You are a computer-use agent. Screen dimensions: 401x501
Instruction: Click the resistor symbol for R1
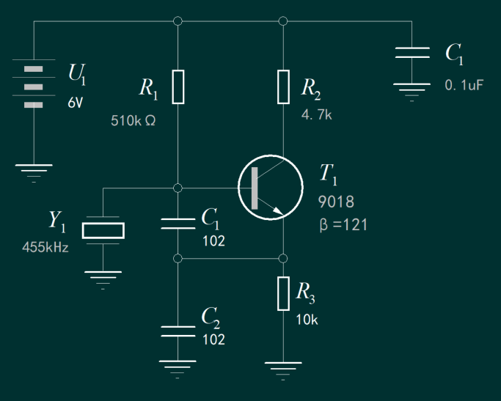[x=178, y=87]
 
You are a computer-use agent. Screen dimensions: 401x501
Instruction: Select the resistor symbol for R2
[x=284, y=87]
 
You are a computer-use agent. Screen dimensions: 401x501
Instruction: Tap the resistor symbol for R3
[x=284, y=293]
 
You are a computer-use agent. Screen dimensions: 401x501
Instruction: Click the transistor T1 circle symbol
[x=270, y=188]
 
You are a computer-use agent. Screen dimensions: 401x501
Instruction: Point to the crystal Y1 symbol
[x=103, y=230]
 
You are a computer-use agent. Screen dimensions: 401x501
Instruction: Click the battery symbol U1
[x=34, y=87]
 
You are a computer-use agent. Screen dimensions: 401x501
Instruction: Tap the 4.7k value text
[x=317, y=115]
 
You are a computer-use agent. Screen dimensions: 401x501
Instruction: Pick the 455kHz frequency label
[x=45, y=248]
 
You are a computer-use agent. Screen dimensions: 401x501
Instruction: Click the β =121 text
[x=343, y=225]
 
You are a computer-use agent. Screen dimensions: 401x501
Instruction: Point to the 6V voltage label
[x=76, y=103]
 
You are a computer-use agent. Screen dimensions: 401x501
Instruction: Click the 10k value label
[x=307, y=320]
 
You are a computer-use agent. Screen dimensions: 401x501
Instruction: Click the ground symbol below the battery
[x=34, y=172]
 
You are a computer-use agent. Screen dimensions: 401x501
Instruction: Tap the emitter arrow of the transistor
[x=277, y=213]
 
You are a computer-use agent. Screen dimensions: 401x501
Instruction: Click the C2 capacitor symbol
[x=178, y=330]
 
